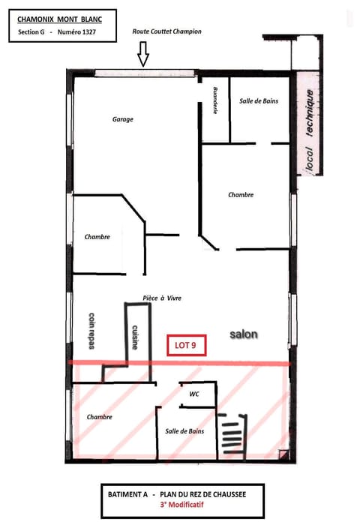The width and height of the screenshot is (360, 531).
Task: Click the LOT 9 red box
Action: click(186, 346)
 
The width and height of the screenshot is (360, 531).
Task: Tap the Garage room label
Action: click(123, 119)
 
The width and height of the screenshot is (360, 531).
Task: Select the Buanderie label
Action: click(216, 100)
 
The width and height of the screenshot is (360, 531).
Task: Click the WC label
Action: click(193, 393)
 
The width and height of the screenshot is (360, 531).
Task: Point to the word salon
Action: click(244, 334)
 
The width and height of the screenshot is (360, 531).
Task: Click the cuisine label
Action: click(136, 337)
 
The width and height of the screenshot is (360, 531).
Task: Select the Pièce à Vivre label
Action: click(162, 298)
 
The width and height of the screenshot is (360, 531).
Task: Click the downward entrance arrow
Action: click(143, 55)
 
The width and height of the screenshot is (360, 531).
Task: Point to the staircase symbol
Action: click(232, 435)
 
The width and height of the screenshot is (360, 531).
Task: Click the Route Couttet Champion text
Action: click(166, 31)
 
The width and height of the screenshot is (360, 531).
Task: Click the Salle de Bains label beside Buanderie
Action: click(259, 100)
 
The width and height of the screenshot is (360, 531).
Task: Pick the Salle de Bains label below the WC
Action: click(184, 431)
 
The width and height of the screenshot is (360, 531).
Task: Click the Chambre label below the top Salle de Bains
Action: click(241, 194)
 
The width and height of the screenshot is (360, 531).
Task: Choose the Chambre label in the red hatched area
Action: click(100, 416)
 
